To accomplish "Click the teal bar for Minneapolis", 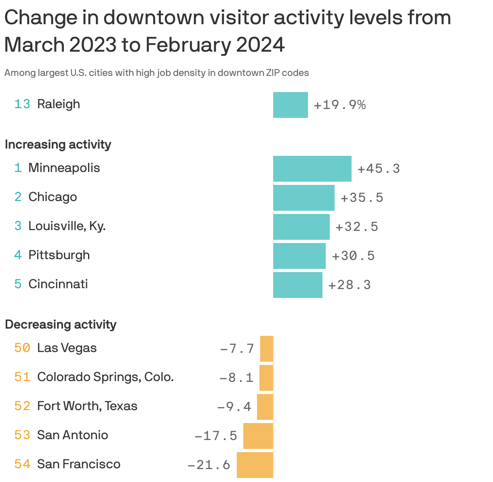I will [x=312, y=168].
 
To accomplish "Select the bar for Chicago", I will [x=303, y=197].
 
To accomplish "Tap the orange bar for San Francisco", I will [x=255, y=465].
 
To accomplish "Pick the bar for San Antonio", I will [x=258, y=436].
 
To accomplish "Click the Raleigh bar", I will [x=290, y=105].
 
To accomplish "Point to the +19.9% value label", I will [x=339, y=105].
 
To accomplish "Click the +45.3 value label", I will [x=379, y=168].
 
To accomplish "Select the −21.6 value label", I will [x=209, y=465].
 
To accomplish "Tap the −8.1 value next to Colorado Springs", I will [x=236, y=377].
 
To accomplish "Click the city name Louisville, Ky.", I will [x=67, y=226].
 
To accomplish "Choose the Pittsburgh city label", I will [x=59, y=255].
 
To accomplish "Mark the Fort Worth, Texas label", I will [x=87, y=406].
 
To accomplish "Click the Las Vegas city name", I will [x=67, y=348].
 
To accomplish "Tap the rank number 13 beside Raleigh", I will [x=22, y=104].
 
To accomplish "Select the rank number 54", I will [x=22, y=464].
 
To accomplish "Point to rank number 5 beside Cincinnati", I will [x=18, y=284].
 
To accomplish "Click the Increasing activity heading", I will [x=58, y=145].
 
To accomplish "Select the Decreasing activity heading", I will [x=61, y=325].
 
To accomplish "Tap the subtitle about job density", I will [x=156, y=73].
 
